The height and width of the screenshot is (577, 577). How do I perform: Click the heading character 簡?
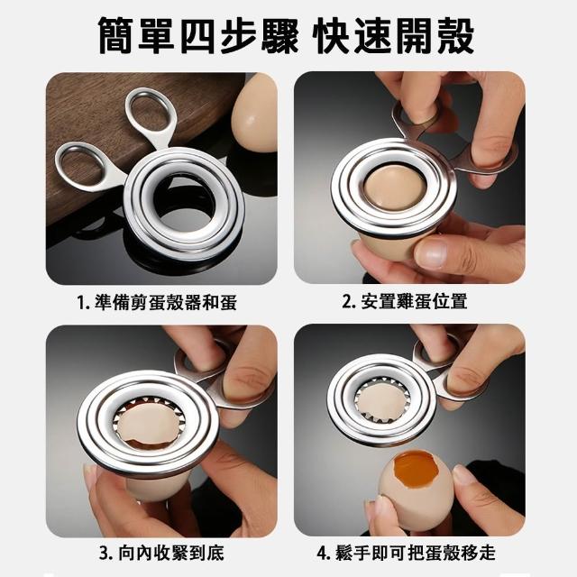[x=118, y=36]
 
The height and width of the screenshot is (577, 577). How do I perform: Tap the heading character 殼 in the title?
[x=454, y=36]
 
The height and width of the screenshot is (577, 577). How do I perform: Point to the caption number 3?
[x=105, y=554]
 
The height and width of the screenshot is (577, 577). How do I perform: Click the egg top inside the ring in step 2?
[x=395, y=188]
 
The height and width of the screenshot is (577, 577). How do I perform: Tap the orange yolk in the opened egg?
[x=416, y=467]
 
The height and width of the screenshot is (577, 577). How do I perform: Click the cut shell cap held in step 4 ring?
[x=380, y=400]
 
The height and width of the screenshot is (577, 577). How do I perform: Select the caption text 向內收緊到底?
[x=171, y=554]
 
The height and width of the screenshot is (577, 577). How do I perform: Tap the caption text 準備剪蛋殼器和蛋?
[x=166, y=303]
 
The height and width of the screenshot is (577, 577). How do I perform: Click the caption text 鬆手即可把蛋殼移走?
[x=416, y=554]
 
